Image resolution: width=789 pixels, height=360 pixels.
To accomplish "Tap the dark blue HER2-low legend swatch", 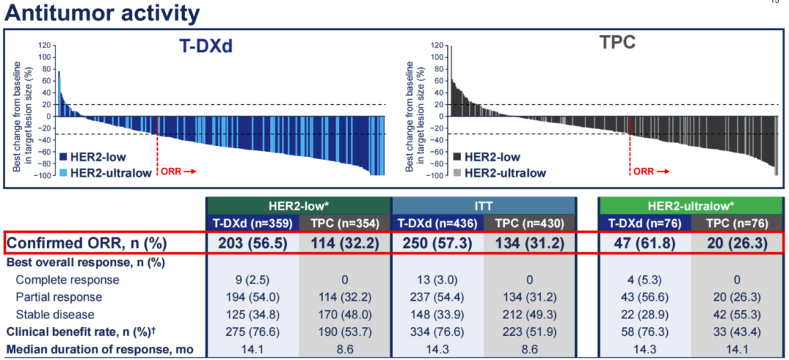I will pos(63,156).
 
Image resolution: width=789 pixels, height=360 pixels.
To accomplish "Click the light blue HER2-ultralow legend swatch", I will pos(63,172).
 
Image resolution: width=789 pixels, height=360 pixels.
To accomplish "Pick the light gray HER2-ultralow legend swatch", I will pos(457,172).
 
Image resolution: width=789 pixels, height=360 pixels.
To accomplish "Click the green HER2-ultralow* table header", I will pos(690,205).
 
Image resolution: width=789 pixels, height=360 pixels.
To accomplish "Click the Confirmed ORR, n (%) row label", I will pos(97,242).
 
